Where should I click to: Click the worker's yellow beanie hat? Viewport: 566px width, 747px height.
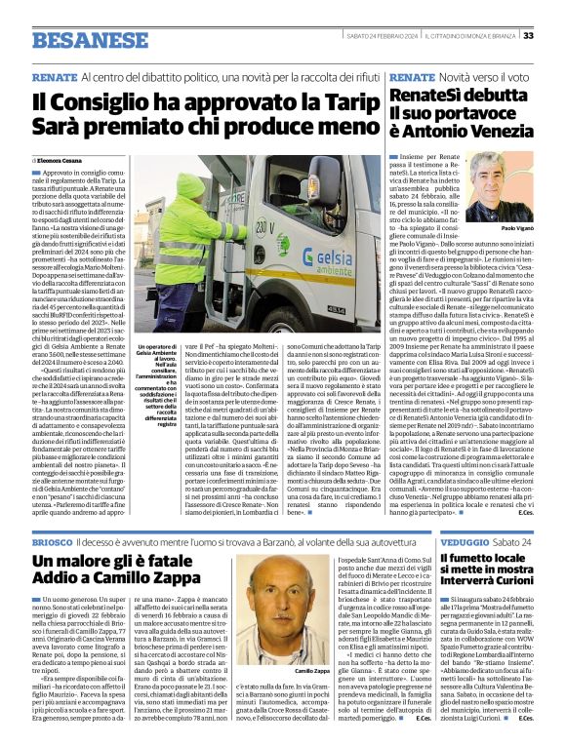point(190,185)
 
